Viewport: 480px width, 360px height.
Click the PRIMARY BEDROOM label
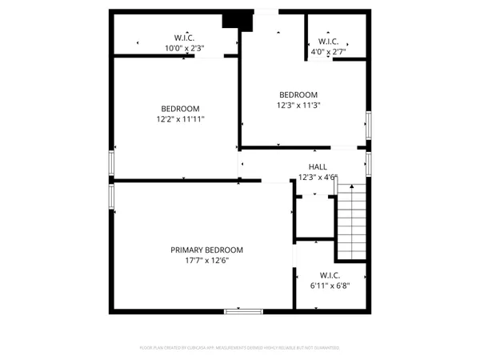pos(206,250)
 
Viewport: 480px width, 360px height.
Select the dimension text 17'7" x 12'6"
pos(206,260)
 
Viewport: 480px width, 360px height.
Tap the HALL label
pos(318,167)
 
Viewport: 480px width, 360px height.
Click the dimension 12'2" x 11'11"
pos(180,119)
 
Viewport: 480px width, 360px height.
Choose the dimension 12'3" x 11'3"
pos(298,105)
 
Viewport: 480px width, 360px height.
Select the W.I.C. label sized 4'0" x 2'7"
pos(328,42)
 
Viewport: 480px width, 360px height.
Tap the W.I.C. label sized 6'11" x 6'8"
pos(330,274)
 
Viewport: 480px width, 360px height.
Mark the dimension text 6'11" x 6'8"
pos(330,284)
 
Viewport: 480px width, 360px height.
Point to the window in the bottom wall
pos(243,310)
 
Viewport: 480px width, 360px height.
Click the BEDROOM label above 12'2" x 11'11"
pos(180,109)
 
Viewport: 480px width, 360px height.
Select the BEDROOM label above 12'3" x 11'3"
pos(298,94)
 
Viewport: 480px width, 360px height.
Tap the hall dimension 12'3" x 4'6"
pos(318,178)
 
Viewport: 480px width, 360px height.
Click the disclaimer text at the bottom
pos(240,348)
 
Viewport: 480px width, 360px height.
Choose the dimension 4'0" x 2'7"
pos(328,52)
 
